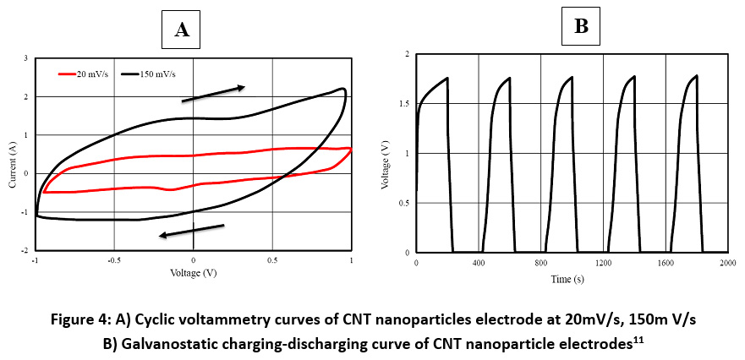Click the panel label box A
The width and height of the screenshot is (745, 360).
(182, 31)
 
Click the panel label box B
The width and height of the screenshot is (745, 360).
(581, 27)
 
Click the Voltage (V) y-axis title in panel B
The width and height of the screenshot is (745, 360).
(386, 154)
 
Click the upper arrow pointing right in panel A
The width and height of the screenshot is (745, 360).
(213, 93)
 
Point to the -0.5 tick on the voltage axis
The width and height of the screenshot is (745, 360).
(113, 261)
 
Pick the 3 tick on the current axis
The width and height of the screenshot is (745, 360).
(25, 57)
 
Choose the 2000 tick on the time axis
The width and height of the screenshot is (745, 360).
(726, 263)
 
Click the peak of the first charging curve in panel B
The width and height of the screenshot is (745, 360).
(446, 78)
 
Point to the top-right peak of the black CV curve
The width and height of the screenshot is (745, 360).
(342, 88)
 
